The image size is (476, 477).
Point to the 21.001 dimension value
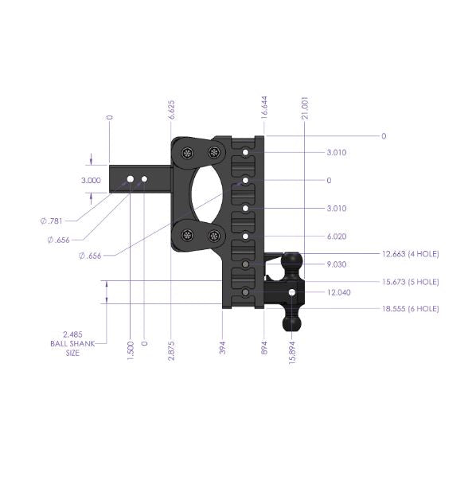coord(304,106)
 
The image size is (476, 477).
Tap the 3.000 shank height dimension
coord(91,181)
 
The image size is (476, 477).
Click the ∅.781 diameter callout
coord(58,219)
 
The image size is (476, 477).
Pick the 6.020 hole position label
coord(337,237)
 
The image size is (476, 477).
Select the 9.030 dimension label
coord(337,264)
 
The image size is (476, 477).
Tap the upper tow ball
coord(292,261)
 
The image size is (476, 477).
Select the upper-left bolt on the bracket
coord(188,152)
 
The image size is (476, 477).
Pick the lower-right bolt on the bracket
coord(213,235)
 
